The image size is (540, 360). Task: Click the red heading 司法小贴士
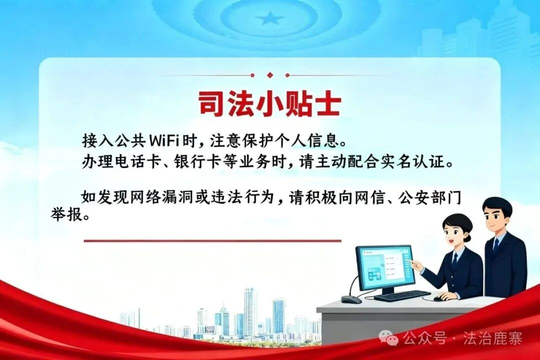[x=269, y=103]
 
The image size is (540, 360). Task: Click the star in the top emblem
[x=270, y=18]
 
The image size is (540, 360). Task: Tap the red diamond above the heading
[x=270, y=75]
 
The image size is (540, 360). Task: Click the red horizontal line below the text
[x=212, y=240]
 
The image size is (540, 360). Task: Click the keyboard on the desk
[x=402, y=295]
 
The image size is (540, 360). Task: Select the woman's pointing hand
[x=415, y=264]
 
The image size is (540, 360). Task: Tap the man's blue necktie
[x=496, y=245]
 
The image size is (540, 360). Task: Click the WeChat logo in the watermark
[x=389, y=338]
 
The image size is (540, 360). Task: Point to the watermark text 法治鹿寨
[x=493, y=338]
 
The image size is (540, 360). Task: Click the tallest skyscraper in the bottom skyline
[x=250, y=312]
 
